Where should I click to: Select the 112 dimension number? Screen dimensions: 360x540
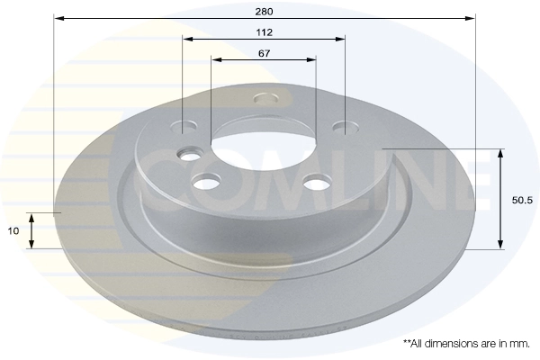pyautogui.click(x=264, y=31)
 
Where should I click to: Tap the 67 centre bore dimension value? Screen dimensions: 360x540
pyautogui.click(x=264, y=53)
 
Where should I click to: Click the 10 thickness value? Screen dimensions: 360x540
pyautogui.click(x=13, y=231)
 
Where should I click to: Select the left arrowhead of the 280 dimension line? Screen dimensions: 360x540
pyautogui.click(x=58, y=18)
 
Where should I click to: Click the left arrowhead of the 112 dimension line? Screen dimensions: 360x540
pyautogui.click(x=186, y=39)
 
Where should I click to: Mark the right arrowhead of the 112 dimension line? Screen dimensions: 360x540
pyautogui.click(x=341, y=39)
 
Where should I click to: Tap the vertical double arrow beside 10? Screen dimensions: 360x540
pyautogui.click(x=31, y=231)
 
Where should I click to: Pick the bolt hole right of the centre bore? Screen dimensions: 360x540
pyautogui.click(x=317, y=183)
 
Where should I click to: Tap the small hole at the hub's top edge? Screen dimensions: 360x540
pyautogui.click(x=264, y=97)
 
